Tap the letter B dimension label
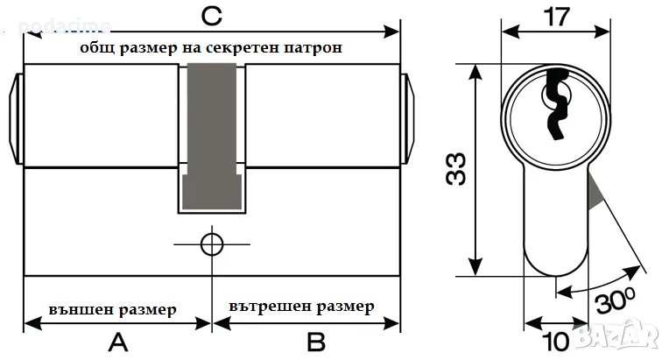coord(316,341)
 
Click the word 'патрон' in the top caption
coord(313,48)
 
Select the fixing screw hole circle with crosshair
coord(210,243)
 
